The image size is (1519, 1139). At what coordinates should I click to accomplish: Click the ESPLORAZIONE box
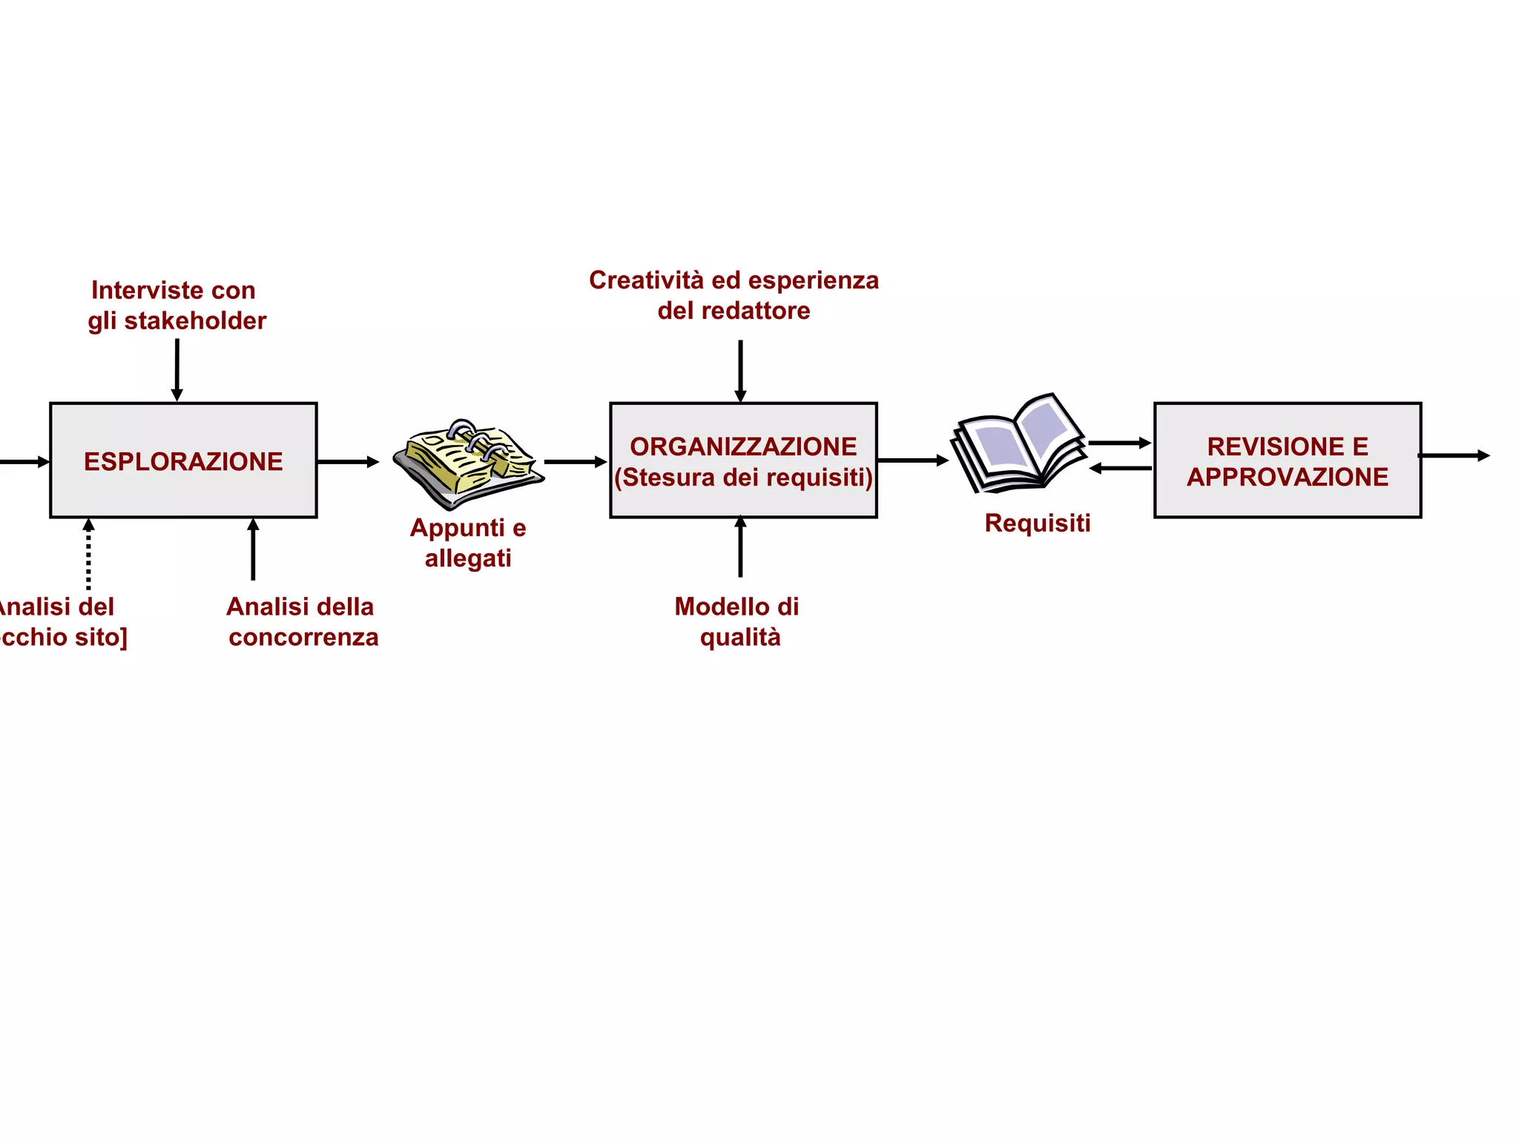(x=183, y=460)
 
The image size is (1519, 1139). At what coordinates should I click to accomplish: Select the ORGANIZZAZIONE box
(x=743, y=460)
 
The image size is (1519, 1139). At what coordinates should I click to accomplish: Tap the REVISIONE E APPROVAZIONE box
(x=1287, y=460)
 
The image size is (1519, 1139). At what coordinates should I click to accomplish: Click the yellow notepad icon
(x=468, y=463)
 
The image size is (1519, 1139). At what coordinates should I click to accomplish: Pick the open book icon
(x=1018, y=445)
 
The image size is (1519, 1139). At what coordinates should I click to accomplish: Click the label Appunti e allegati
(x=468, y=543)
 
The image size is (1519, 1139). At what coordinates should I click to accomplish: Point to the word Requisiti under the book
(x=1037, y=523)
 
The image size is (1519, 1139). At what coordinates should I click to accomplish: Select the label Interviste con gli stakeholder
(x=176, y=306)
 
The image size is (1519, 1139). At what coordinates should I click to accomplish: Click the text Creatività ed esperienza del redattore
(x=734, y=295)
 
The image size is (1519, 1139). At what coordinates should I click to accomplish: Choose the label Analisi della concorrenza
(x=302, y=621)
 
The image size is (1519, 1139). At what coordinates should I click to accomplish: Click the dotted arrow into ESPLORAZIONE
(x=88, y=555)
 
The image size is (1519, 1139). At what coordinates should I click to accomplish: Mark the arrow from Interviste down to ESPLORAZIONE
(x=177, y=369)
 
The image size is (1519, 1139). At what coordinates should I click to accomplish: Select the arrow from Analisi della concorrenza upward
(x=253, y=549)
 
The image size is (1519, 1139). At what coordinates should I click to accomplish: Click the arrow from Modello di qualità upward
(x=740, y=547)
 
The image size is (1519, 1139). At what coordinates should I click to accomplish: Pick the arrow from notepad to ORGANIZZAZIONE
(x=575, y=462)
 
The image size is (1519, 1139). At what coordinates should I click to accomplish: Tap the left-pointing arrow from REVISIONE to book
(x=1120, y=468)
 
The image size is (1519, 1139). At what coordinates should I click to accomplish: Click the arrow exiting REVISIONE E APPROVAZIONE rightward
(x=1454, y=455)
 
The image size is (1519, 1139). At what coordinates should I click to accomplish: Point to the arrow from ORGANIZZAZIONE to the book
(x=912, y=460)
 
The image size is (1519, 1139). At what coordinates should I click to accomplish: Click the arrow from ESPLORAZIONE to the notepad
(x=348, y=462)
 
